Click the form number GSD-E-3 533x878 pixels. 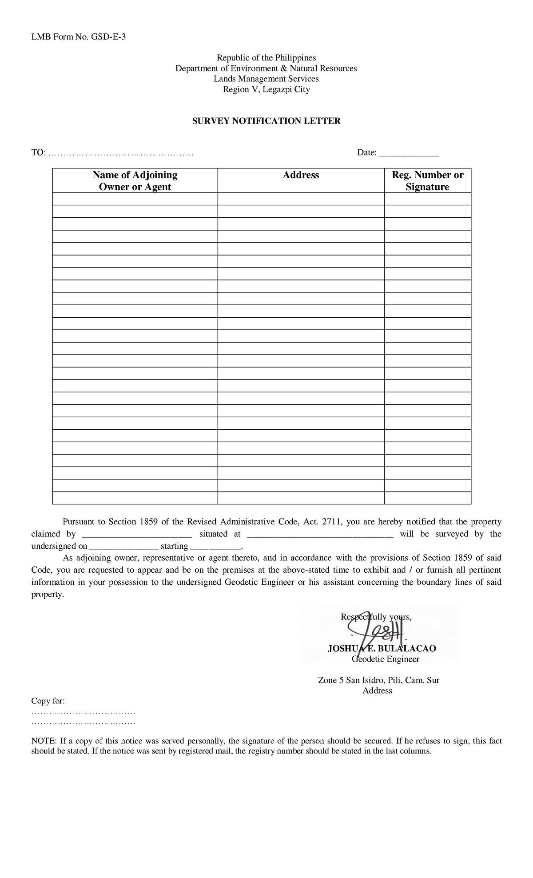pyautogui.click(x=108, y=37)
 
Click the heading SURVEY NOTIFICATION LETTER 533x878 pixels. pyautogui.click(x=266, y=121)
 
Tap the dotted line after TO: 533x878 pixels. pyautogui.click(x=121, y=153)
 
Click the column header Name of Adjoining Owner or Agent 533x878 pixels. pyautogui.click(x=135, y=181)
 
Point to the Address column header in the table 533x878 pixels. pyautogui.click(x=301, y=175)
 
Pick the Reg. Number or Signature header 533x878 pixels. pyautogui.click(x=427, y=181)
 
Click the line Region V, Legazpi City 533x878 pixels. pyautogui.click(x=266, y=89)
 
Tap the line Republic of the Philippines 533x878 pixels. pyautogui.click(x=266, y=58)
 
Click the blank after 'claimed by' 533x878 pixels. pyautogui.click(x=137, y=535)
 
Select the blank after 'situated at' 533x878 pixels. pyautogui.click(x=320, y=535)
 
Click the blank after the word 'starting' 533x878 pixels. pyautogui.click(x=215, y=547)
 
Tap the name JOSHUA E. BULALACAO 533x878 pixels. pyautogui.click(x=382, y=649)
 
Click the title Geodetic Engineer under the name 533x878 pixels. pyautogui.click(x=385, y=659)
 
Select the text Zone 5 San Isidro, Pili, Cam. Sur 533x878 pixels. pyautogui.click(x=378, y=680)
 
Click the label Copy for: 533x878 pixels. pyautogui.click(x=48, y=701)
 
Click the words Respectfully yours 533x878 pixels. pyautogui.click(x=376, y=617)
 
